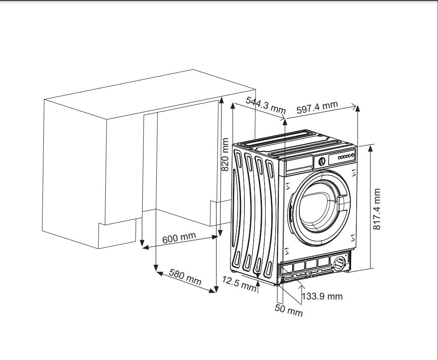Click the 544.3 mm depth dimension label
pos(265,105)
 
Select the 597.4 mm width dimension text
pos(317,107)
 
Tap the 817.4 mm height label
pos(377,209)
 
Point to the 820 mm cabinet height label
pos(226,155)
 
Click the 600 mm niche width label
pos(179,237)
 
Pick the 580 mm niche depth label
pos(185,277)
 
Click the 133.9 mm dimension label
pos(322,296)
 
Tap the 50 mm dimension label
pos(289,310)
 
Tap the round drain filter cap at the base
pos(339,263)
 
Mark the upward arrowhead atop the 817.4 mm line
pos(370,148)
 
